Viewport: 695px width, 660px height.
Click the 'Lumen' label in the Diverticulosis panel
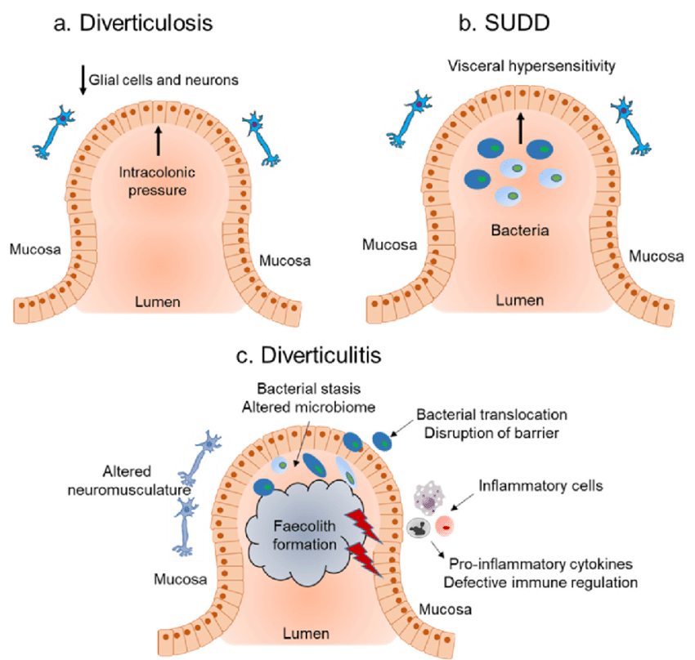tap(158, 304)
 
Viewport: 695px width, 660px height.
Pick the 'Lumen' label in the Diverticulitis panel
tap(307, 633)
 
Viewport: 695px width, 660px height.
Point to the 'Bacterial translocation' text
tap(491, 415)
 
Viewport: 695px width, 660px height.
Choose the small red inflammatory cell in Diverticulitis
tap(445, 524)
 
